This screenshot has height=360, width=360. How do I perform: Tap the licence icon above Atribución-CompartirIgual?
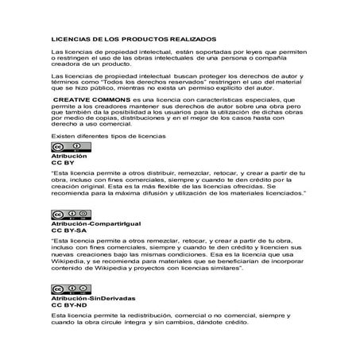(63, 216)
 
